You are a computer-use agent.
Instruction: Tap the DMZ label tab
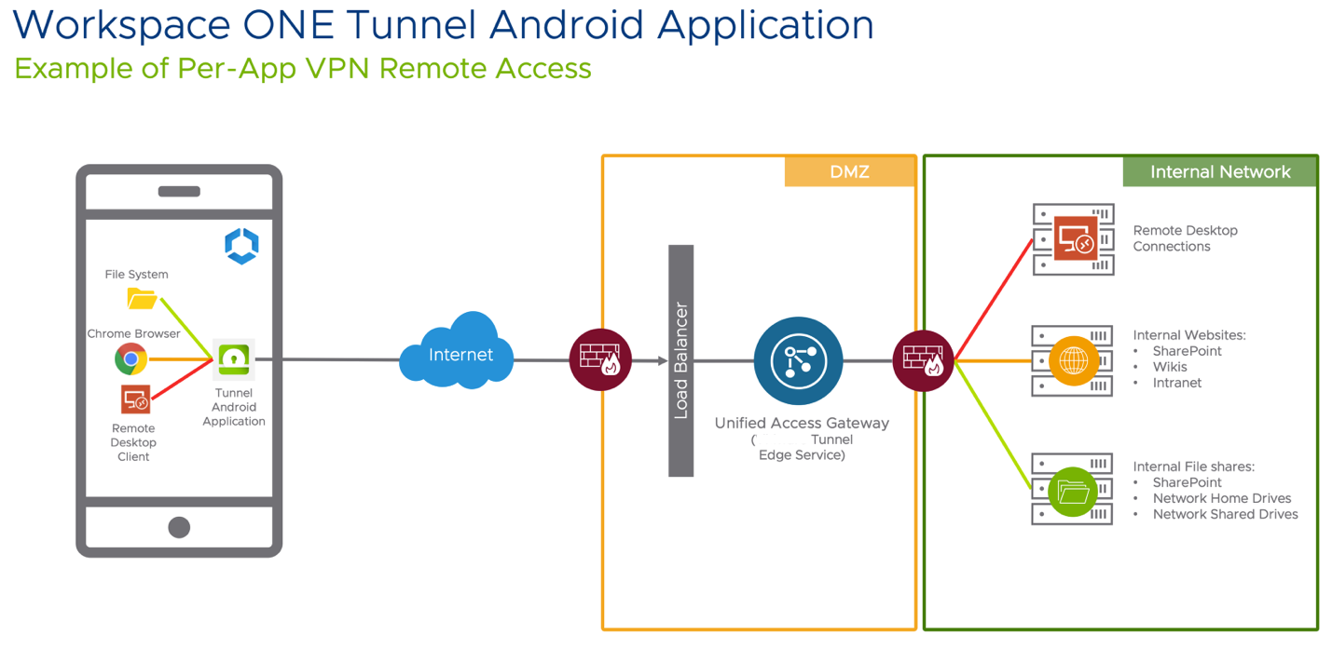[x=849, y=172]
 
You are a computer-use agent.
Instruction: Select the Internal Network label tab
[x=1219, y=172]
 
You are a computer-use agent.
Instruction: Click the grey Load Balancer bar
[x=681, y=360]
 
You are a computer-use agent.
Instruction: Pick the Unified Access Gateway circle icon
[x=798, y=361]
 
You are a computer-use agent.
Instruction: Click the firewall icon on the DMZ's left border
[x=600, y=359]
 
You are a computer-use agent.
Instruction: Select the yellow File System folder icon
[x=142, y=298]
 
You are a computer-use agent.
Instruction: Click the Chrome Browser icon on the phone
[x=131, y=358]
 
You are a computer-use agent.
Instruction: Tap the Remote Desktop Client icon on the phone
[x=136, y=400]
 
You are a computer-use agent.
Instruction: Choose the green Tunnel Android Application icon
[x=234, y=359]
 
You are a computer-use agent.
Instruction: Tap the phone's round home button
[x=179, y=527]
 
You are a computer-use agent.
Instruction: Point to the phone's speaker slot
[x=179, y=192]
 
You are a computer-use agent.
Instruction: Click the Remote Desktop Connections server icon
[x=1074, y=239]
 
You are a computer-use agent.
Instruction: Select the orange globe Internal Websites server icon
[x=1073, y=360]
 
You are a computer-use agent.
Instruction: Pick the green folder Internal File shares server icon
[x=1072, y=490]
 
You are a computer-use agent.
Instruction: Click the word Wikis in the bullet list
[x=1170, y=367]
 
